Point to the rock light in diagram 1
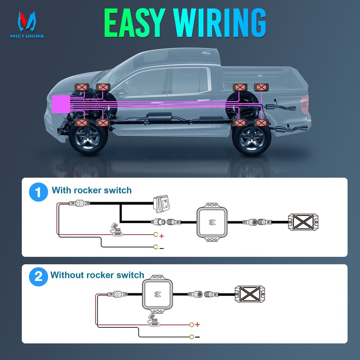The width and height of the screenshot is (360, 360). tap(304, 222)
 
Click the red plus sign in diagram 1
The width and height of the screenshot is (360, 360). tap(162, 236)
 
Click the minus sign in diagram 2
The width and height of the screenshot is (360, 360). tap(197, 337)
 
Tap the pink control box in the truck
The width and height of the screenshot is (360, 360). tap(60, 103)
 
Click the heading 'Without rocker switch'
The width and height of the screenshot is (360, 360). tap(97, 275)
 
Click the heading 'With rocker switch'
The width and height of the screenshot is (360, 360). tap(91, 190)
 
